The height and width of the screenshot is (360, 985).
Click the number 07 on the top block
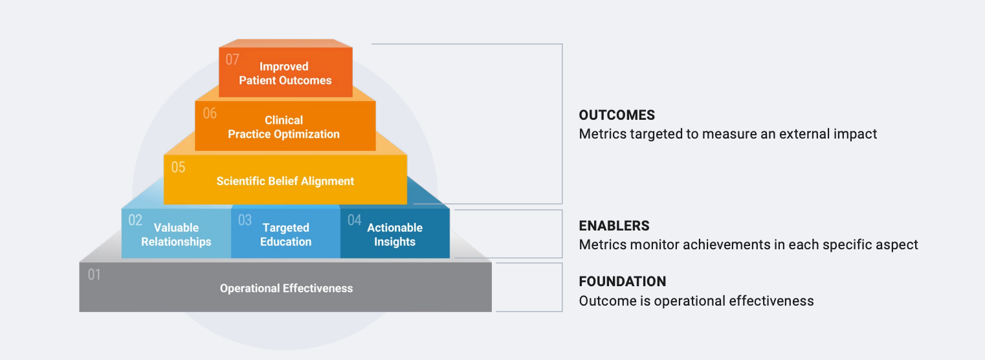tap(232, 60)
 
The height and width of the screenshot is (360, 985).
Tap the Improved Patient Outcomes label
tap(285, 73)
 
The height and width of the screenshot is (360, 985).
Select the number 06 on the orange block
tap(210, 113)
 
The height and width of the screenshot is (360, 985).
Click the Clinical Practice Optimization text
tap(283, 127)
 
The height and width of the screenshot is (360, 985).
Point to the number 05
tap(178, 168)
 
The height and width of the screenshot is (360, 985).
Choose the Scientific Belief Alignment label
tap(285, 181)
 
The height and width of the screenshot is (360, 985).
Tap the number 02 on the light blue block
tap(135, 220)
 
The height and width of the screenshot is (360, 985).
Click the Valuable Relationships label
tap(176, 234)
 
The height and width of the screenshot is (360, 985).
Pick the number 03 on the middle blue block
tap(245, 220)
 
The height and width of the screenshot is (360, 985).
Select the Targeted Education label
tap(286, 234)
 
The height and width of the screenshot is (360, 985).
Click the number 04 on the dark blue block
tap(354, 220)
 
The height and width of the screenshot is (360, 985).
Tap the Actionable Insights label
tap(395, 234)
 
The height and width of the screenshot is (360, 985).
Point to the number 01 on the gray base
tap(94, 275)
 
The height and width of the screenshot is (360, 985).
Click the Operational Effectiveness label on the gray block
tap(286, 288)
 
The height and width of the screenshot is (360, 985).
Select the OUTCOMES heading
tap(617, 115)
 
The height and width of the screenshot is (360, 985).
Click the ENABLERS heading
tap(614, 226)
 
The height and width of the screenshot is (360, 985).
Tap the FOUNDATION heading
tap(622, 282)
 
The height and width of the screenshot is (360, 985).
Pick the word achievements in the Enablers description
tap(713, 245)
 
